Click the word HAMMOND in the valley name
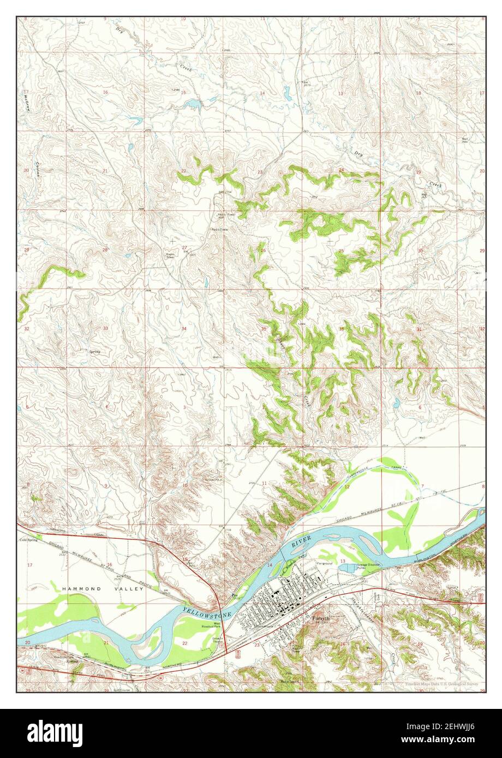pyautogui.click(x=79, y=589)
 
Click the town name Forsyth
pyautogui.click(x=321, y=618)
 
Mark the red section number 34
pyautogui.click(x=184, y=328)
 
